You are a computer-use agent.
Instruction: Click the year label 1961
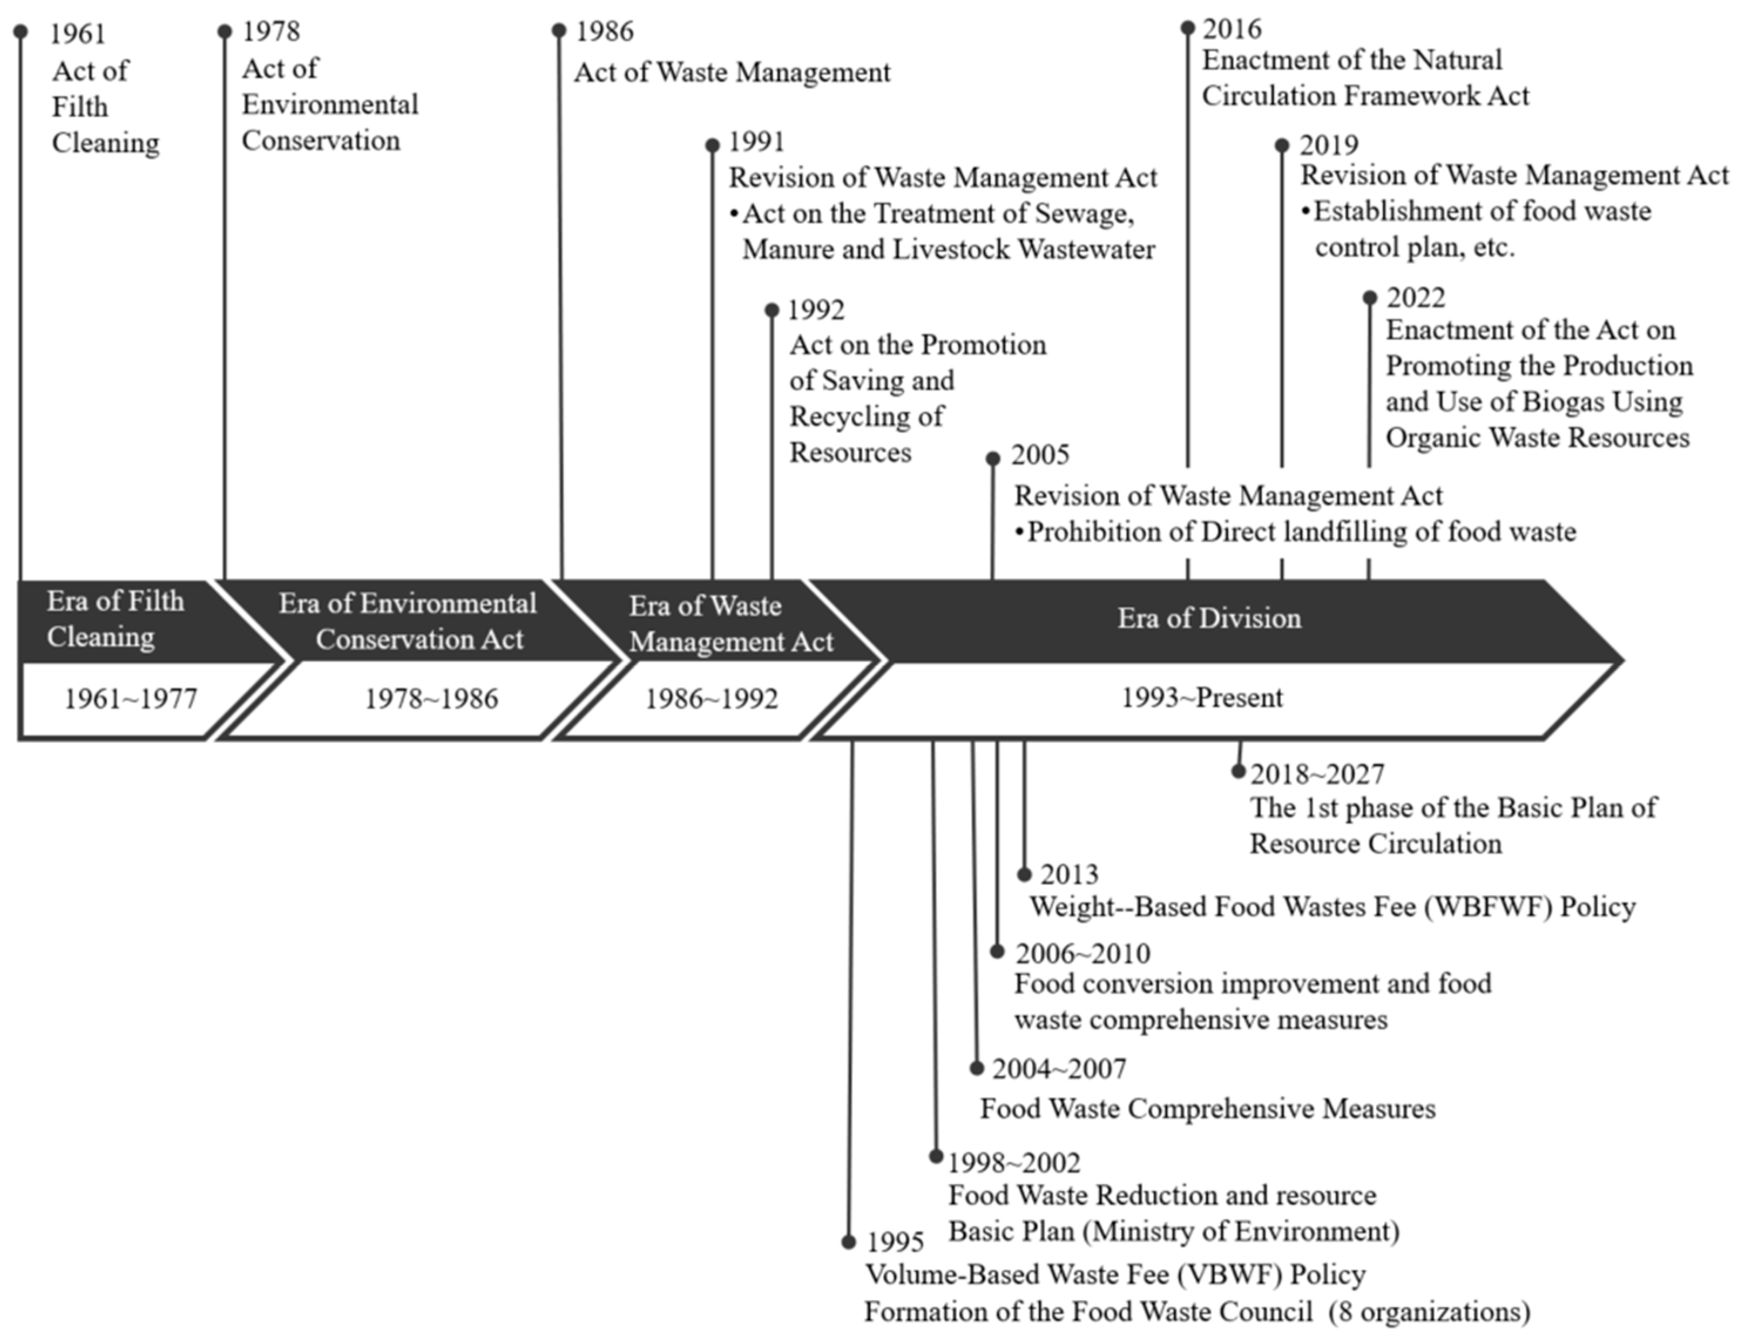coord(77,33)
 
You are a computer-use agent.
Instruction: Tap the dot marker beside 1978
coord(225,32)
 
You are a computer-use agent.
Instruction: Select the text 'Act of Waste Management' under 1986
coord(732,73)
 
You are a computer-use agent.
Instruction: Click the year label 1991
coord(756,142)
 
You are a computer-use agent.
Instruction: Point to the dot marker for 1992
coord(772,310)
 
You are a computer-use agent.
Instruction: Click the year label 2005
coord(1040,455)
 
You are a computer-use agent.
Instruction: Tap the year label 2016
coord(1232,29)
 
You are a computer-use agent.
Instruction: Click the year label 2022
coord(1415,297)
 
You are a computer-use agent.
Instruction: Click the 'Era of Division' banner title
coord(1209,618)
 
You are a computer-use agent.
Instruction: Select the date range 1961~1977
coord(131,699)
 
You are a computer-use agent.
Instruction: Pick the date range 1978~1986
coord(431,699)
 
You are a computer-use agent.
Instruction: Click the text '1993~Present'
coord(1202,698)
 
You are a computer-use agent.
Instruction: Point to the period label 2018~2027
coord(1317,774)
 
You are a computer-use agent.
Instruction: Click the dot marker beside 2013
coord(1024,875)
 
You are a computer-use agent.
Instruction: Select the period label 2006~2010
coord(1083,953)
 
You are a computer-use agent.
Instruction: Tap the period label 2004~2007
coord(1059,1069)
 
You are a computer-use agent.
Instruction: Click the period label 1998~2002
coord(1013,1164)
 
